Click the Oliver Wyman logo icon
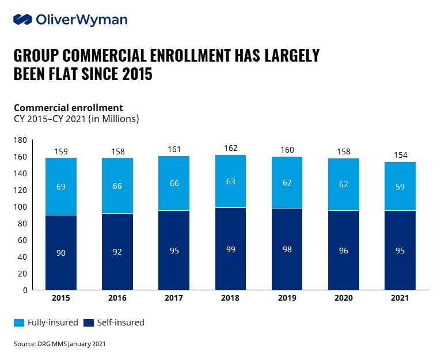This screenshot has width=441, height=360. pyautogui.click(x=23, y=20)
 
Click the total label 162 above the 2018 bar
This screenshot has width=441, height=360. pyautogui.click(x=230, y=148)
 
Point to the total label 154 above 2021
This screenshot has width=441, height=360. pyautogui.click(x=399, y=155)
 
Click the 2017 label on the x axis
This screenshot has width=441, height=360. pyautogui.click(x=174, y=298)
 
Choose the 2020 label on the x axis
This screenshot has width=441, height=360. pyautogui.click(x=343, y=298)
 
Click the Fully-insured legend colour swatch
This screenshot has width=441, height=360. pyautogui.click(x=19, y=323)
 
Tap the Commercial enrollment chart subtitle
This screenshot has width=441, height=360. pyautogui.click(x=68, y=108)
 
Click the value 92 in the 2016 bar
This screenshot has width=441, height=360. pyautogui.click(x=117, y=252)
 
